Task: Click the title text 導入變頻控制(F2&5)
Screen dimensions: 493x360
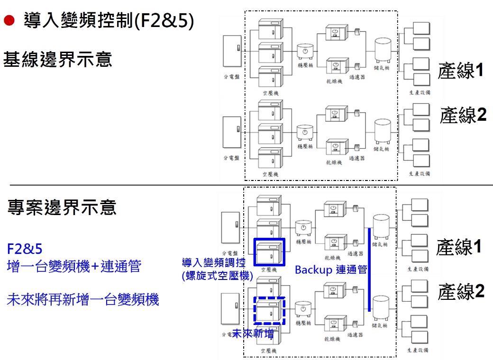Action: pyautogui.click(x=109, y=22)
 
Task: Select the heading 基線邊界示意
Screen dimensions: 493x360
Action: pyautogui.click(x=58, y=60)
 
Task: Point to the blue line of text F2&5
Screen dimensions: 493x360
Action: pyautogui.click(x=22, y=249)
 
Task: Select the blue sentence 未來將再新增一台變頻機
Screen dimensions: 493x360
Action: pyautogui.click(x=82, y=299)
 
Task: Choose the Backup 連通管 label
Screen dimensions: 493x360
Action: pyautogui.click(x=331, y=270)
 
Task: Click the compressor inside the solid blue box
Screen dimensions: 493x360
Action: pyautogui.click(x=269, y=252)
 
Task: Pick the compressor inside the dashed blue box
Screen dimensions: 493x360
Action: pyautogui.click(x=269, y=310)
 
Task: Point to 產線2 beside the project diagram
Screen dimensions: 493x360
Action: pyautogui.click(x=462, y=291)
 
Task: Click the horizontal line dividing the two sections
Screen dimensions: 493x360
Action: pyautogui.click(x=246, y=185)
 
